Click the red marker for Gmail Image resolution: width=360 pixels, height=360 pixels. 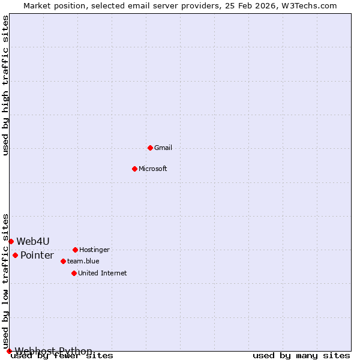pyautogui.click(x=150, y=148)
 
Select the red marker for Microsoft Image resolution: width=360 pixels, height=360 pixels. pyautogui.click(x=134, y=169)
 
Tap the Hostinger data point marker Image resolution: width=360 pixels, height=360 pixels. pyautogui.click(x=75, y=250)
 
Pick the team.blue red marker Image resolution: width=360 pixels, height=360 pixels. pyautogui.click(x=63, y=261)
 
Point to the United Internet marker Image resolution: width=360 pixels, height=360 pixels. pyautogui.click(x=74, y=273)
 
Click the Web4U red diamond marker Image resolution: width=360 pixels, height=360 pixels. pyautogui.click(x=11, y=241)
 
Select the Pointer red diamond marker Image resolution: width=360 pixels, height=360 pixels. pyautogui.click(x=15, y=255)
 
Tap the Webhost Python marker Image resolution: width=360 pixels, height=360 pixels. pyautogui.click(x=9, y=351)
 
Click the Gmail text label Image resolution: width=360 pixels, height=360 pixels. pyautogui.click(x=163, y=148)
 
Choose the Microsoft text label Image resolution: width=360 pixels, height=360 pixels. pyautogui.click(x=152, y=169)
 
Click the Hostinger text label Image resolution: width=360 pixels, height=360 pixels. pyautogui.click(x=94, y=250)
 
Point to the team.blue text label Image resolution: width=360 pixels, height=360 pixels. pyautogui.click(x=83, y=261)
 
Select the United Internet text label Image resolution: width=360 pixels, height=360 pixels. pyautogui.click(x=102, y=273)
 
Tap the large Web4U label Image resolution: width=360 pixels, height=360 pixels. pyautogui.click(x=33, y=241)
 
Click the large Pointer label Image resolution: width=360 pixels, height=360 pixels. pyautogui.click(x=37, y=255)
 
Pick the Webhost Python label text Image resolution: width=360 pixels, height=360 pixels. pyautogui.click(x=53, y=351)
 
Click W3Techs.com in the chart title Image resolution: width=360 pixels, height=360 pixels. pyautogui.click(x=309, y=5)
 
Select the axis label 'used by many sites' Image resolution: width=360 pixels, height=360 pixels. pyautogui.click(x=301, y=355)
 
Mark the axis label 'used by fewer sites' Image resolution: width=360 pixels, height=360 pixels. pyautogui.click(x=62, y=356)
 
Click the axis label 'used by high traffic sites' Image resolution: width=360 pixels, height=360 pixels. pyautogui.click(x=6, y=85)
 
